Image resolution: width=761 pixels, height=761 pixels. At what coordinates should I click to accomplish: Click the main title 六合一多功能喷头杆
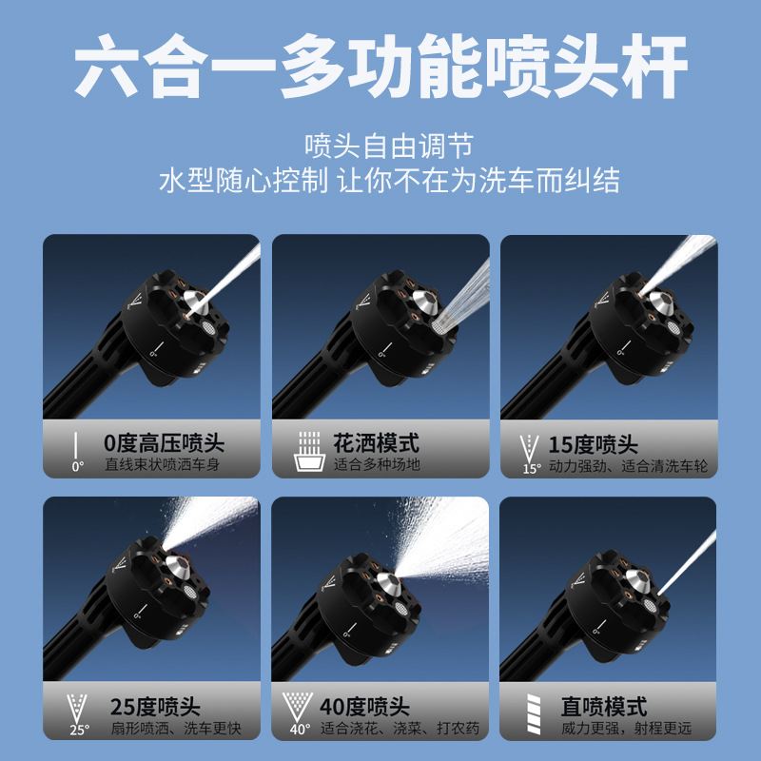click(x=380, y=66)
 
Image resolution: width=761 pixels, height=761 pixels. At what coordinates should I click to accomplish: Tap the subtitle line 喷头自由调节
click(x=380, y=146)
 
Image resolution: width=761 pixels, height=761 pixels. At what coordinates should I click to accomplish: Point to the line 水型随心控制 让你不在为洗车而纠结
click(x=380, y=181)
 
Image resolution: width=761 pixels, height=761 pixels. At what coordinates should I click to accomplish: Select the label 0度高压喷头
click(x=165, y=443)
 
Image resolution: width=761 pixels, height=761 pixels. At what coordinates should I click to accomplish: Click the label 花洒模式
click(x=376, y=443)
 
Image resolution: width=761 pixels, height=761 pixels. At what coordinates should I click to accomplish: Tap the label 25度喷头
click(x=154, y=708)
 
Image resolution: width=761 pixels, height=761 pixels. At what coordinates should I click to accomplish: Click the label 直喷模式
click(x=604, y=707)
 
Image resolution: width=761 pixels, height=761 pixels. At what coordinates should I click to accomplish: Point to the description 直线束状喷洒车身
click(x=166, y=466)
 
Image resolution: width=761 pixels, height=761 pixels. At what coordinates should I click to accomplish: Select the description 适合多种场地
click(x=377, y=465)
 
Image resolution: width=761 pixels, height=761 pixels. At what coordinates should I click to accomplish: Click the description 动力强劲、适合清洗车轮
click(x=629, y=466)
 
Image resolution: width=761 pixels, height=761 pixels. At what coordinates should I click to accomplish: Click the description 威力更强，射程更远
click(x=625, y=730)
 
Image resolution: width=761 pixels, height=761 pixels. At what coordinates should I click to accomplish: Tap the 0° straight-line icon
click(x=75, y=451)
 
